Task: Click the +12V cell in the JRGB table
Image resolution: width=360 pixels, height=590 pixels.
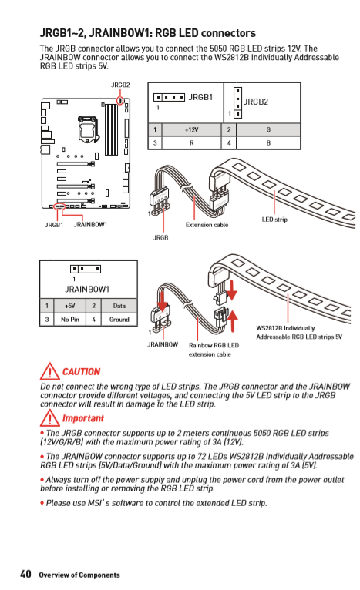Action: [x=191, y=130]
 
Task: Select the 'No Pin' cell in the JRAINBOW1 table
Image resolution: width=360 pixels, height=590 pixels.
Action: [x=70, y=320]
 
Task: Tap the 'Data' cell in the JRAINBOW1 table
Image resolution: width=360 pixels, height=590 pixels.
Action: [x=119, y=306]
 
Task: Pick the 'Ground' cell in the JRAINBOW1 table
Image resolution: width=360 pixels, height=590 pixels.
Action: [x=119, y=320]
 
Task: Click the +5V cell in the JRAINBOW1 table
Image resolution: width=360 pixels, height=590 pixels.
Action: [x=70, y=306]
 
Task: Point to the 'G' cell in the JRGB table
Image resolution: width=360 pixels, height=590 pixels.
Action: [x=268, y=130]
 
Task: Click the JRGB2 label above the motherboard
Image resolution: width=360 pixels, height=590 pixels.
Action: [x=120, y=85]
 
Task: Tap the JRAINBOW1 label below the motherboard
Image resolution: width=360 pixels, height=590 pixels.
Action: [x=90, y=225]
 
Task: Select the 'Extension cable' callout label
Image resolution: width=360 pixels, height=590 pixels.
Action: [x=207, y=225]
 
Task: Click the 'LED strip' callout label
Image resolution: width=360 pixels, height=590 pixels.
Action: [x=274, y=220]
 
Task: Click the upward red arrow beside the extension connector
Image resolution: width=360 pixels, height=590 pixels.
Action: [x=233, y=320]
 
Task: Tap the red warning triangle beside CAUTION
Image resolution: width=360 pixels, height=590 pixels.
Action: [x=49, y=371]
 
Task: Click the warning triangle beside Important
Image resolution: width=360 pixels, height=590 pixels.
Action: [x=49, y=418]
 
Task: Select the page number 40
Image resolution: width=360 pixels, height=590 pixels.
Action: [x=25, y=574]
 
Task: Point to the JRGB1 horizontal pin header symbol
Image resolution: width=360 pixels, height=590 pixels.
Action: [x=169, y=98]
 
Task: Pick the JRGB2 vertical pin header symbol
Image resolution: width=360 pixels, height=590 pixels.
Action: [x=237, y=102]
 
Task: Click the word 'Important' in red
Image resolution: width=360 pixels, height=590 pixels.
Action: [x=82, y=418]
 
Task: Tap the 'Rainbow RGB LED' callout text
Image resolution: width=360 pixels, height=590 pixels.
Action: [x=214, y=345]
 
